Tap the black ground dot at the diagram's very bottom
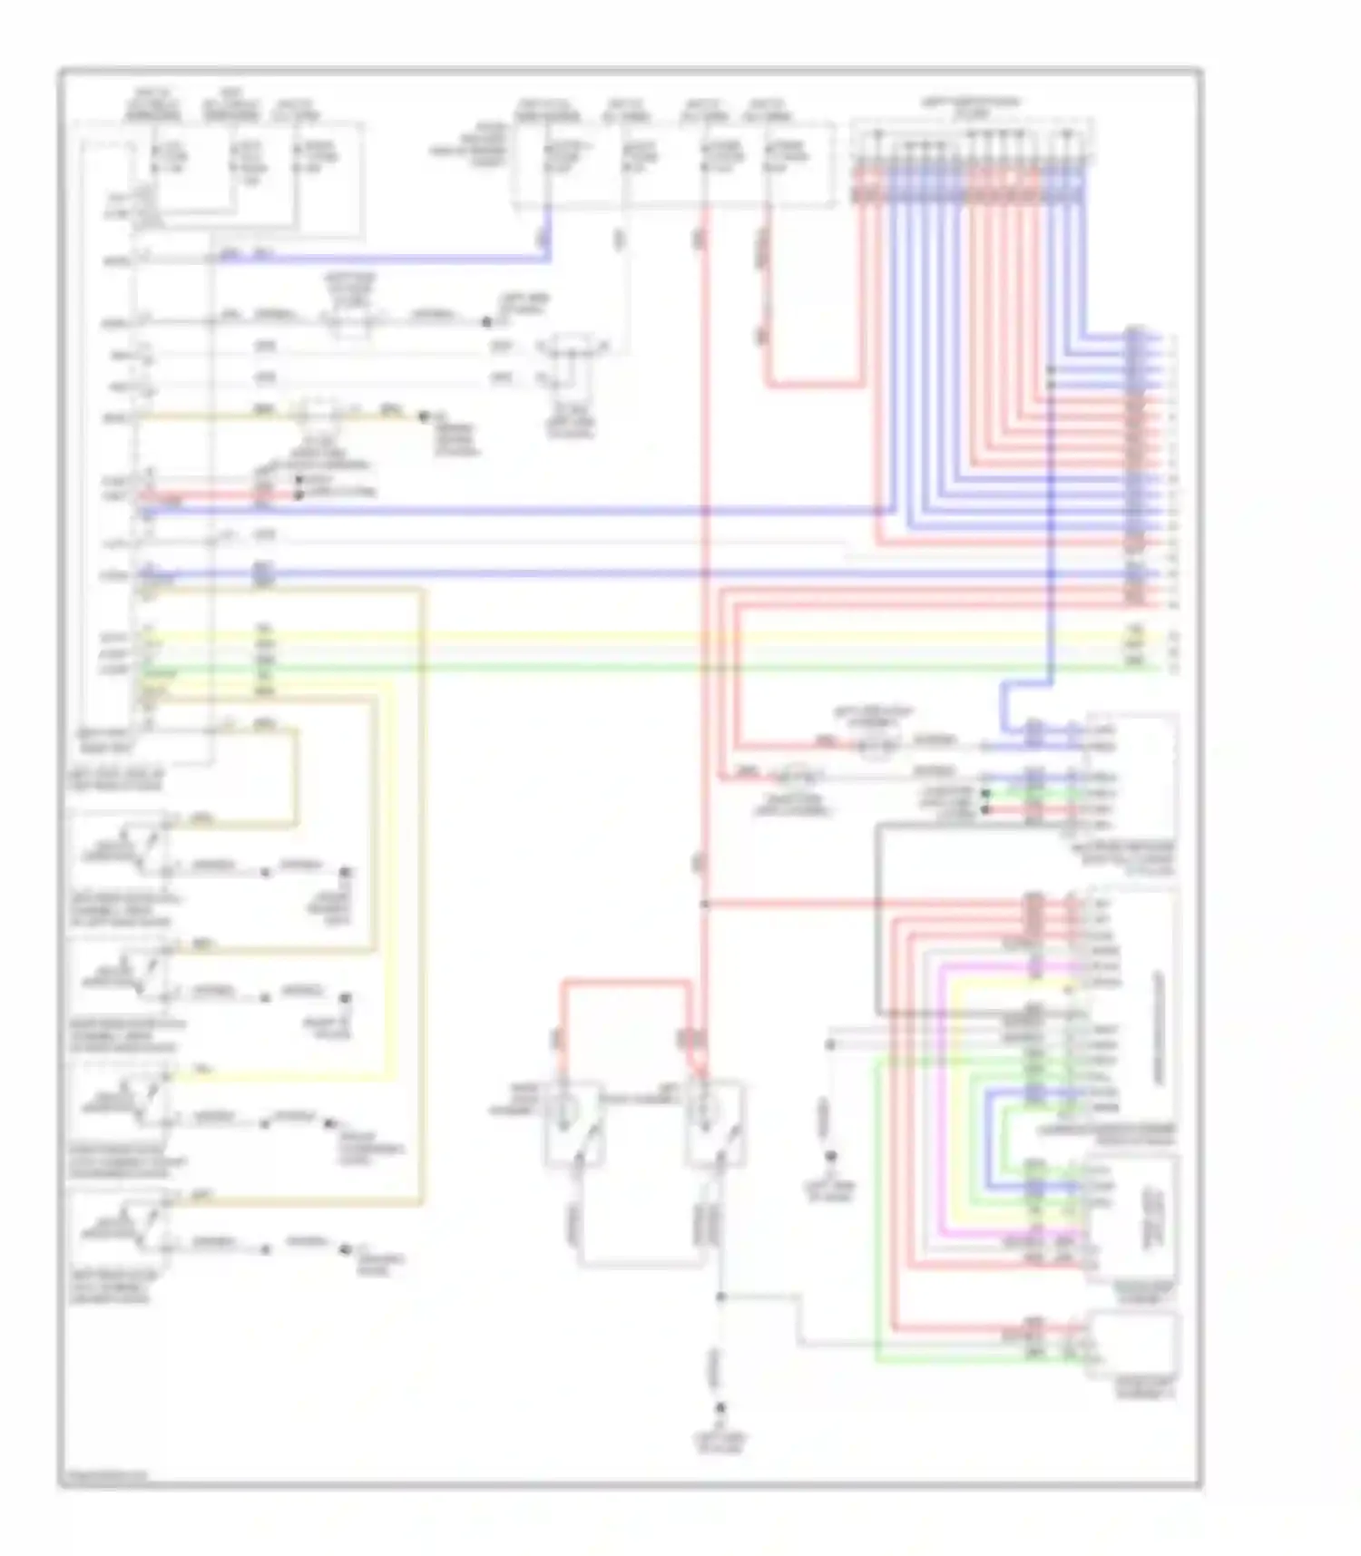coord(721,1408)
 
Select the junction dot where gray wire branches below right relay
coord(721,1297)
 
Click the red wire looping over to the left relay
coord(626,982)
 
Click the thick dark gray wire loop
coord(878,916)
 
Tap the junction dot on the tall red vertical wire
coord(705,904)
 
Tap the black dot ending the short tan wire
coord(423,416)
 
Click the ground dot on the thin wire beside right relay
coord(829,1157)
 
